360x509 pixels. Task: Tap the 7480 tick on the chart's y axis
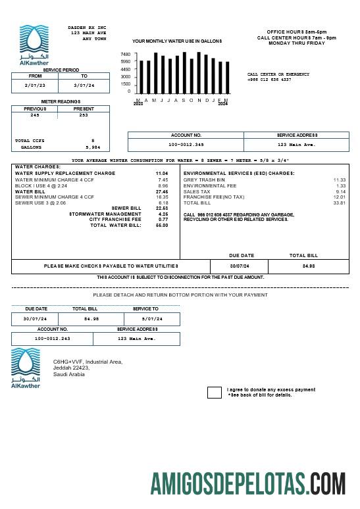[x=125, y=54]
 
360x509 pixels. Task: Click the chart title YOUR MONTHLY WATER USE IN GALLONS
[x=177, y=41]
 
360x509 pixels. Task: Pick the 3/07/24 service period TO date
[x=84, y=85]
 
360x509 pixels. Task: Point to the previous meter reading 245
[x=35, y=115]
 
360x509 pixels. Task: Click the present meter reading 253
[x=83, y=115]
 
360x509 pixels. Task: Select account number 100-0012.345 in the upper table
[x=186, y=144]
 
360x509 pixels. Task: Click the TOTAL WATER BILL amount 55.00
[x=162, y=225]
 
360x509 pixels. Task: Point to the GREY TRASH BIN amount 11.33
[x=339, y=180]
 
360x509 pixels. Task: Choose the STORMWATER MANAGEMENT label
[x=105, y=214]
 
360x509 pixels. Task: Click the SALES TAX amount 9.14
[x=340, y=191]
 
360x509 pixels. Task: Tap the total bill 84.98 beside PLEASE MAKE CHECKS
[x=309, y=266]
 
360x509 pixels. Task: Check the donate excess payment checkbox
[x=214, y=393]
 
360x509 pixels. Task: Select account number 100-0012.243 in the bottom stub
[x=53, y=339]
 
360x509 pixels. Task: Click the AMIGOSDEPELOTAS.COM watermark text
[x=247, y=483]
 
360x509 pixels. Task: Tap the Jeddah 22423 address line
[x=71, y=368]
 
